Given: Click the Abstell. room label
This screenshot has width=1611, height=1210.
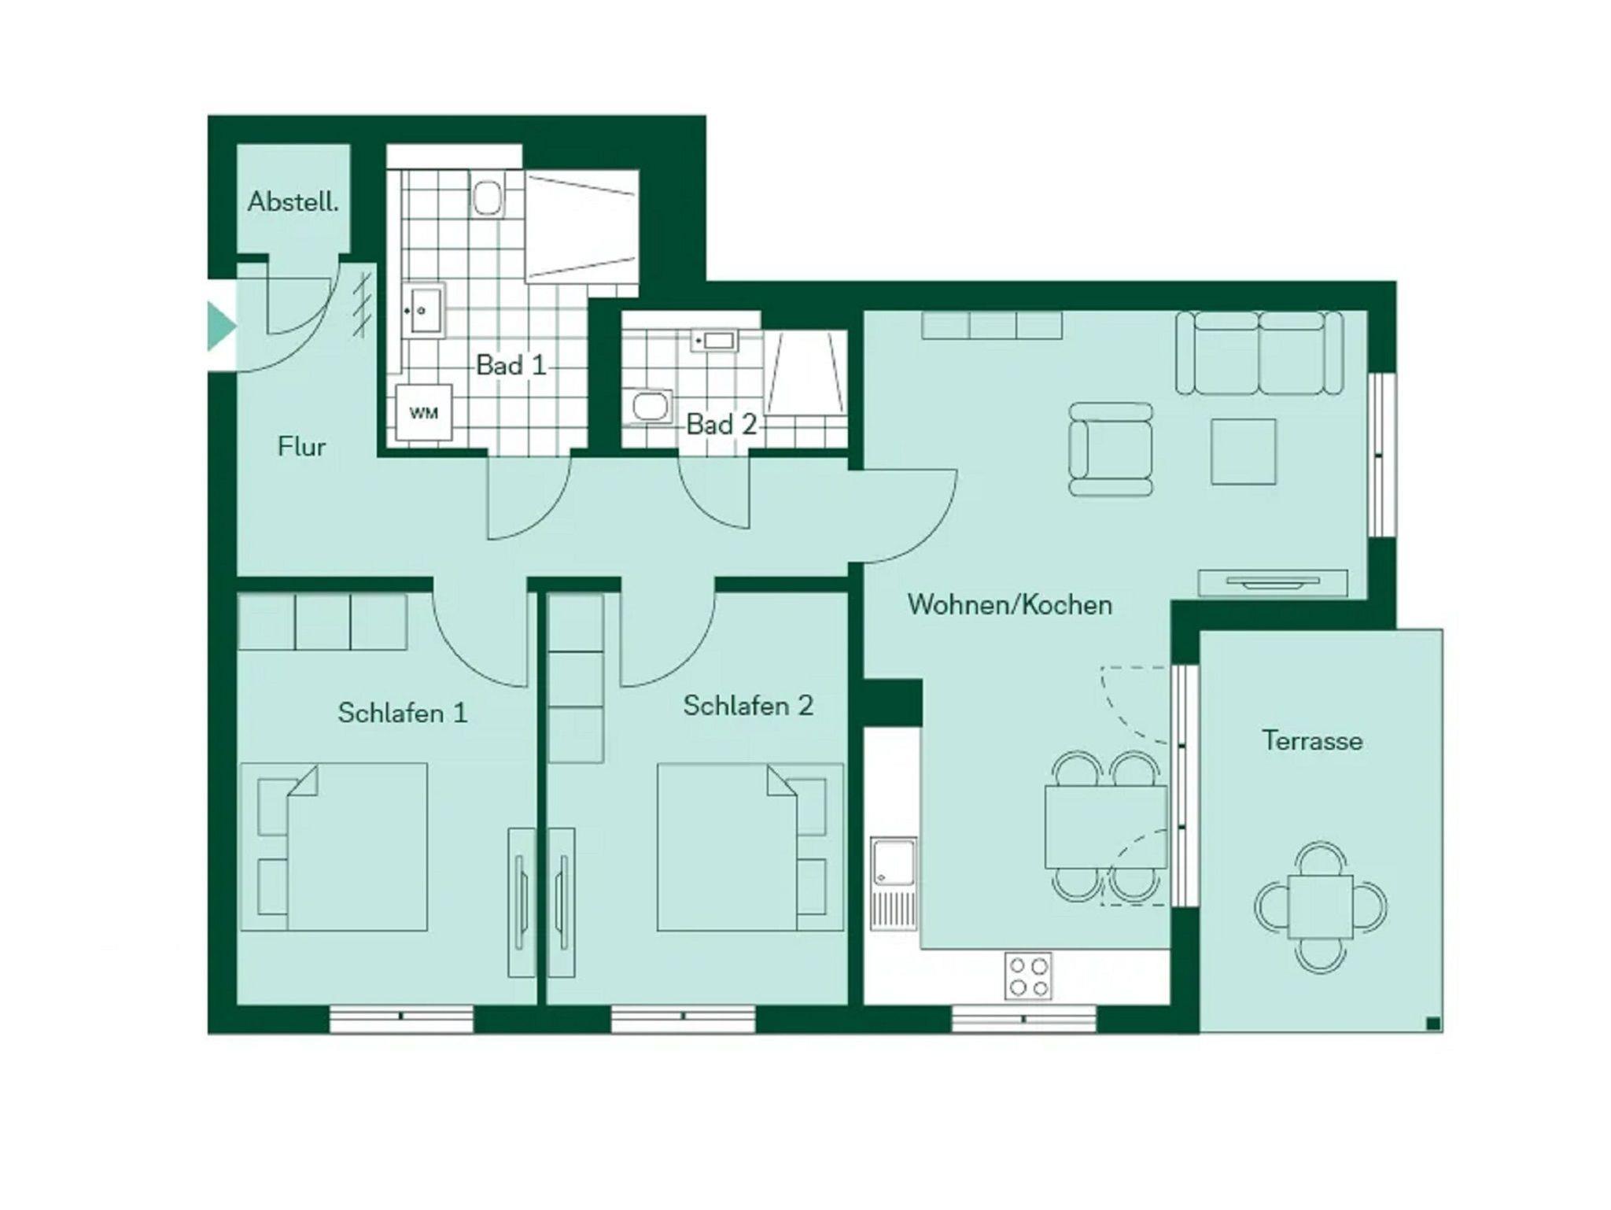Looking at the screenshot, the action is [x=293, y=202].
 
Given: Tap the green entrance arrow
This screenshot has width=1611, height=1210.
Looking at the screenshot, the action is [x=221, y=326].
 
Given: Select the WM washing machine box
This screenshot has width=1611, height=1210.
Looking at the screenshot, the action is [x=424, y=412].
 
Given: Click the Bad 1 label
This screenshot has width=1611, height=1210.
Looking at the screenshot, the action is [x=511, y=365].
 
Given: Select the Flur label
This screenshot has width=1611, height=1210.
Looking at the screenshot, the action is [x=301, y=447].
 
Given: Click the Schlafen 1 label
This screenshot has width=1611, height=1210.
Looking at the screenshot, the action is [x=403, y=713].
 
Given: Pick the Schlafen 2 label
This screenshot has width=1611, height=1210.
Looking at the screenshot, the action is [x=748, y=706].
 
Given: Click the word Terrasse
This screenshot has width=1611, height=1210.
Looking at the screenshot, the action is [x=1312, y=740].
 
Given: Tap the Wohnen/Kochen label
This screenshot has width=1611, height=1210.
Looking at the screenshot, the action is [x=1010, y=604].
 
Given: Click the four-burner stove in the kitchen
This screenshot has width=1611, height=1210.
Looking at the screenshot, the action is [x=1028, y=976].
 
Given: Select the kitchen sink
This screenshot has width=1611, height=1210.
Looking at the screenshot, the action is [x=894, y=884].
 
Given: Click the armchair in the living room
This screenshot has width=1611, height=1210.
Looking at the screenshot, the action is [x=1111, y=449].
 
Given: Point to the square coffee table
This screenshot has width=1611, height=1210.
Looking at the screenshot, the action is [x=1244, y=452].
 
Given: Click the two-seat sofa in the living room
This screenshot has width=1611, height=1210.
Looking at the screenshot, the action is [x=1259, y=352].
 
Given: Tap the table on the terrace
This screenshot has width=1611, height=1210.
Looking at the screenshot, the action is [x=1322, y=907].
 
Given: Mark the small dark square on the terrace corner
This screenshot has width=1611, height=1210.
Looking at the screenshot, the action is [x=1433, y=1023].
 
